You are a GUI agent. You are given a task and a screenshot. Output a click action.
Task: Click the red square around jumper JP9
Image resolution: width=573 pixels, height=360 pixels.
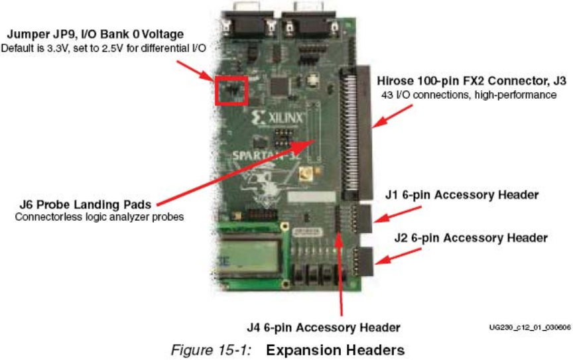(231, 90)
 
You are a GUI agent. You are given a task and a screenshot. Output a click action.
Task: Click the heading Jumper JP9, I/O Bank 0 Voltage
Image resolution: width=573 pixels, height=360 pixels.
(95, 34)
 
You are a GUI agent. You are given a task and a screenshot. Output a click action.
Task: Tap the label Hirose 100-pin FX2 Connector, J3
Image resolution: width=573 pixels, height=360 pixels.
(472, 82)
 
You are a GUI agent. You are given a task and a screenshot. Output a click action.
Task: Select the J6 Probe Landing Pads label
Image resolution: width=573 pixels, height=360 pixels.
(74, 204)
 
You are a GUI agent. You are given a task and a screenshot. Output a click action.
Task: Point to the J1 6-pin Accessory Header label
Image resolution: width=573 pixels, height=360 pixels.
(462, 195)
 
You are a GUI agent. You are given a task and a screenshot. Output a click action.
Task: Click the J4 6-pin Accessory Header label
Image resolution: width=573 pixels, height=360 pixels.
(323, 327)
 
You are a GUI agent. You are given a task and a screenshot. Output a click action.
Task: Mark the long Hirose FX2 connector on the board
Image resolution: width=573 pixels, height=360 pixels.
(354, 133)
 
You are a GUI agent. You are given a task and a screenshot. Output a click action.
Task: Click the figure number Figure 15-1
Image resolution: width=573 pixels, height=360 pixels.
(211, 349)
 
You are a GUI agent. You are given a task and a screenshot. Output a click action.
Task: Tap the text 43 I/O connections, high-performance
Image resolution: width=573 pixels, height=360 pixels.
(468, 95)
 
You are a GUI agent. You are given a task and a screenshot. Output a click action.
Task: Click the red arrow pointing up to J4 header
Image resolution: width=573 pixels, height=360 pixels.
(341, 272)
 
